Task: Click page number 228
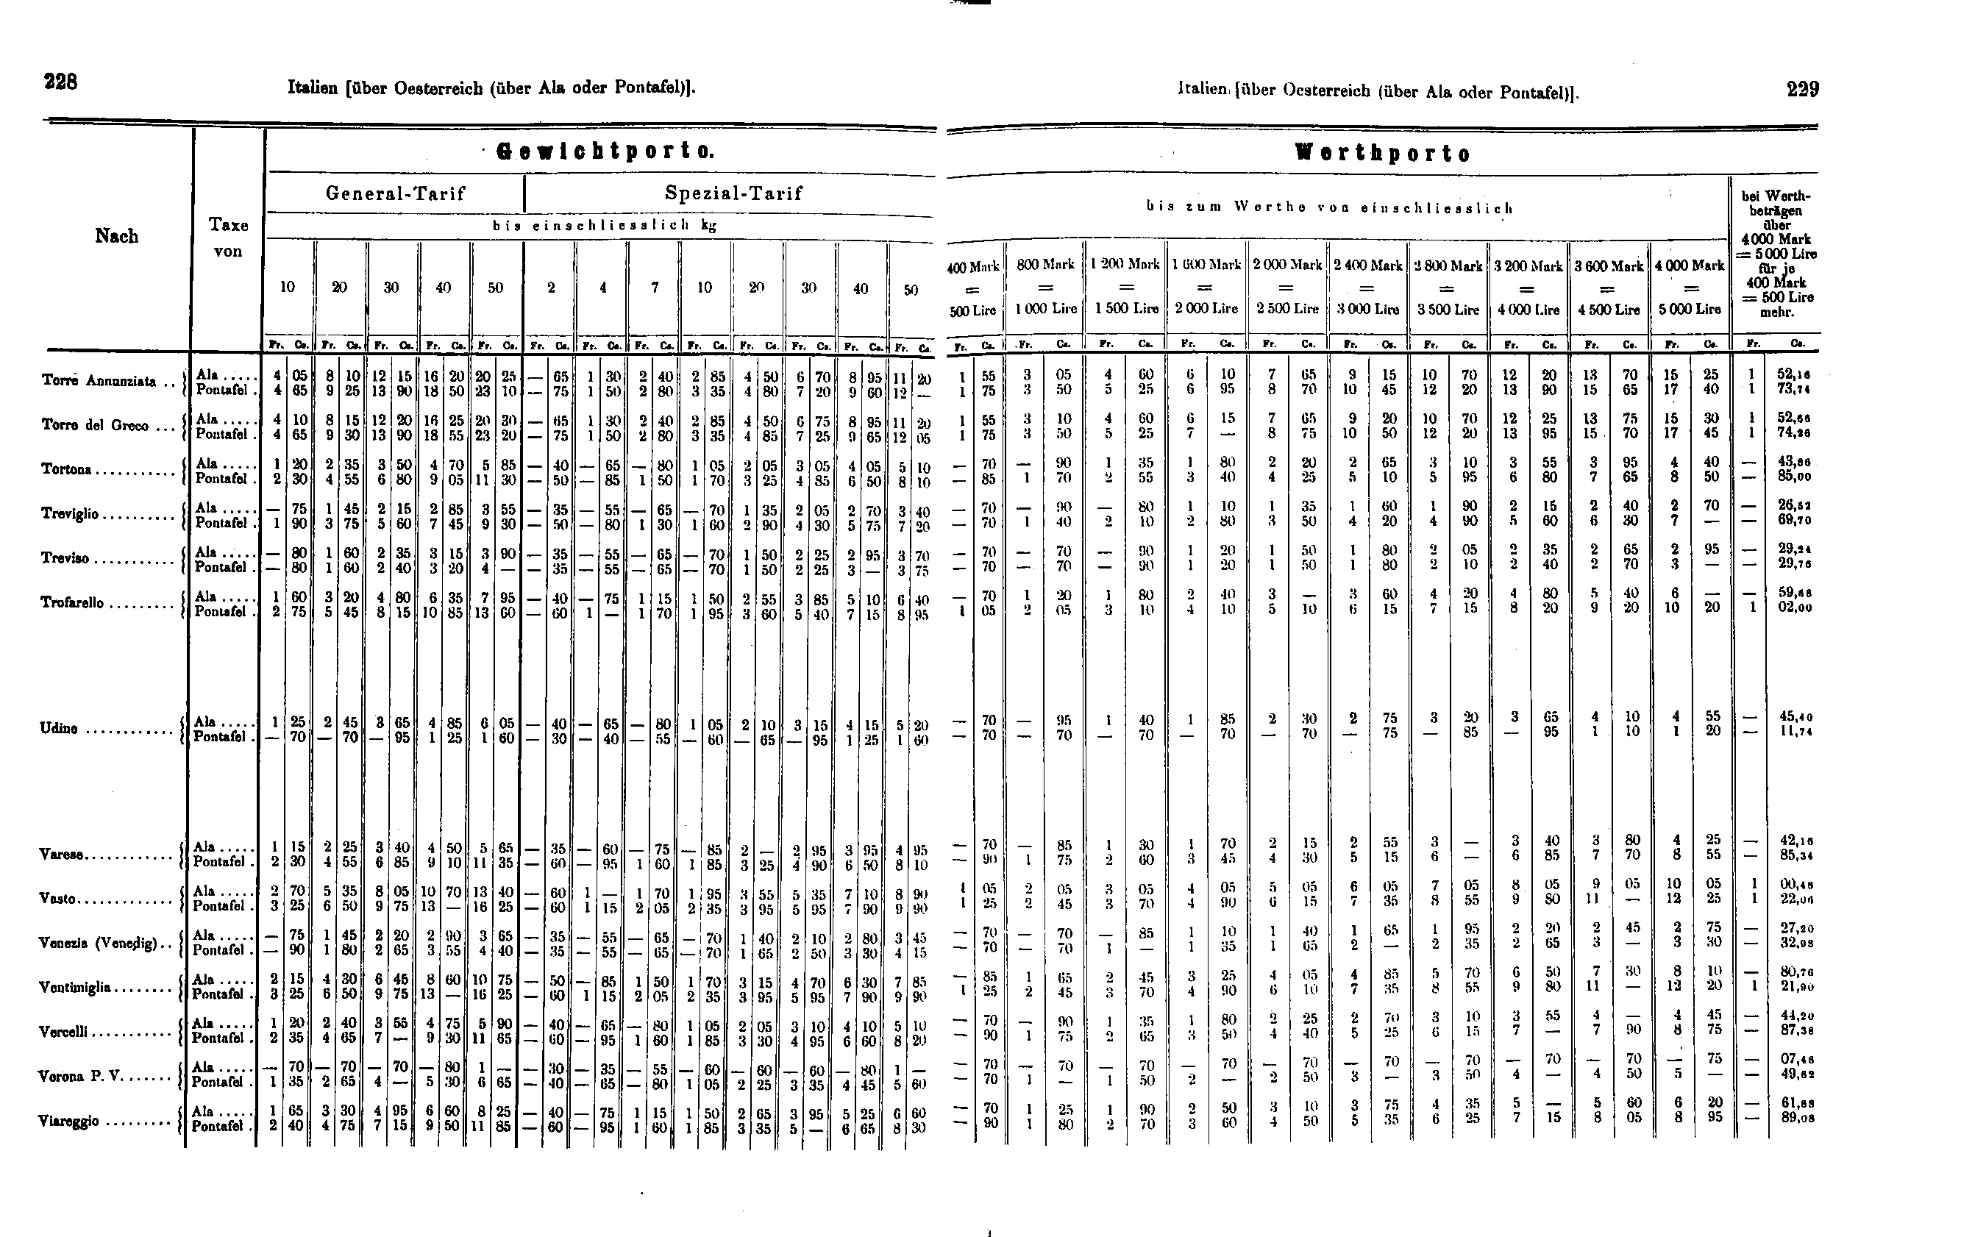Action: point(60,82)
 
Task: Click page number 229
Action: point(1803,89)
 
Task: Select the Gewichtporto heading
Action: point(606,151)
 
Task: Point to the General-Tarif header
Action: point(395,194)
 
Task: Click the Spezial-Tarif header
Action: point(733,194)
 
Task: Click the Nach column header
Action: point(116,236)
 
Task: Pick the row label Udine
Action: point(60,728)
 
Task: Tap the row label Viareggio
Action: point(68,1121)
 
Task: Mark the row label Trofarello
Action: point(73,603)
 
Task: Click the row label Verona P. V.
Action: point(80,1076)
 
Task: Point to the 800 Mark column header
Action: point(1045,265)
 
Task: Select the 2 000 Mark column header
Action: point(1287,265)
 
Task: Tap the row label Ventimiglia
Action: point(74,988)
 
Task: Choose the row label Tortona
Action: point(66,470)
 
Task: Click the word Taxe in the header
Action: point(228,225)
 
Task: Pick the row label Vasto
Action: point(57,898)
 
